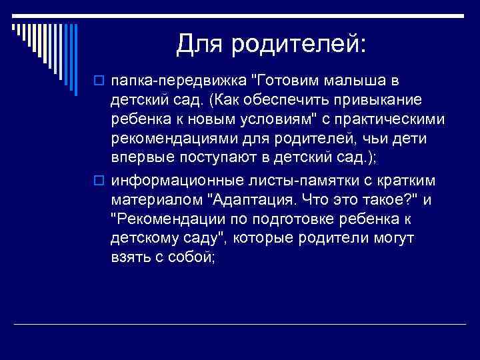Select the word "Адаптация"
tap(251, 200)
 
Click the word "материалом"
tap(154, 200)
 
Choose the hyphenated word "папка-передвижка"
tap(177, 81)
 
